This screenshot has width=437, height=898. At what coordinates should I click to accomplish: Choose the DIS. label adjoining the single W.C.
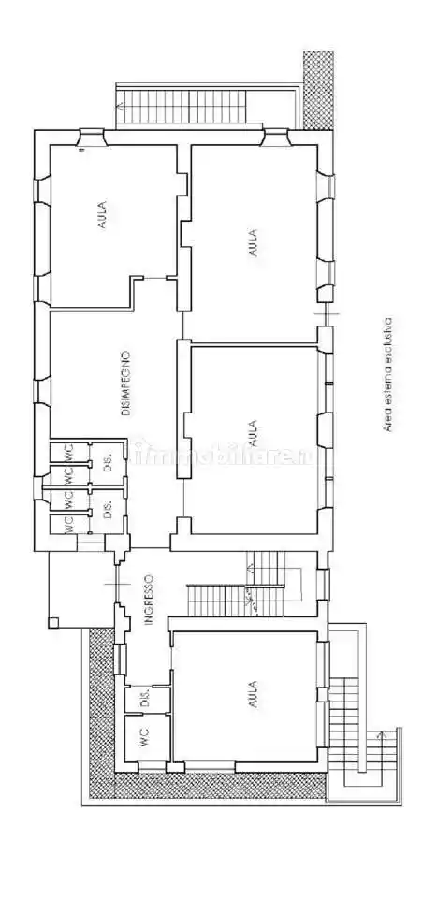click(144, 699)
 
